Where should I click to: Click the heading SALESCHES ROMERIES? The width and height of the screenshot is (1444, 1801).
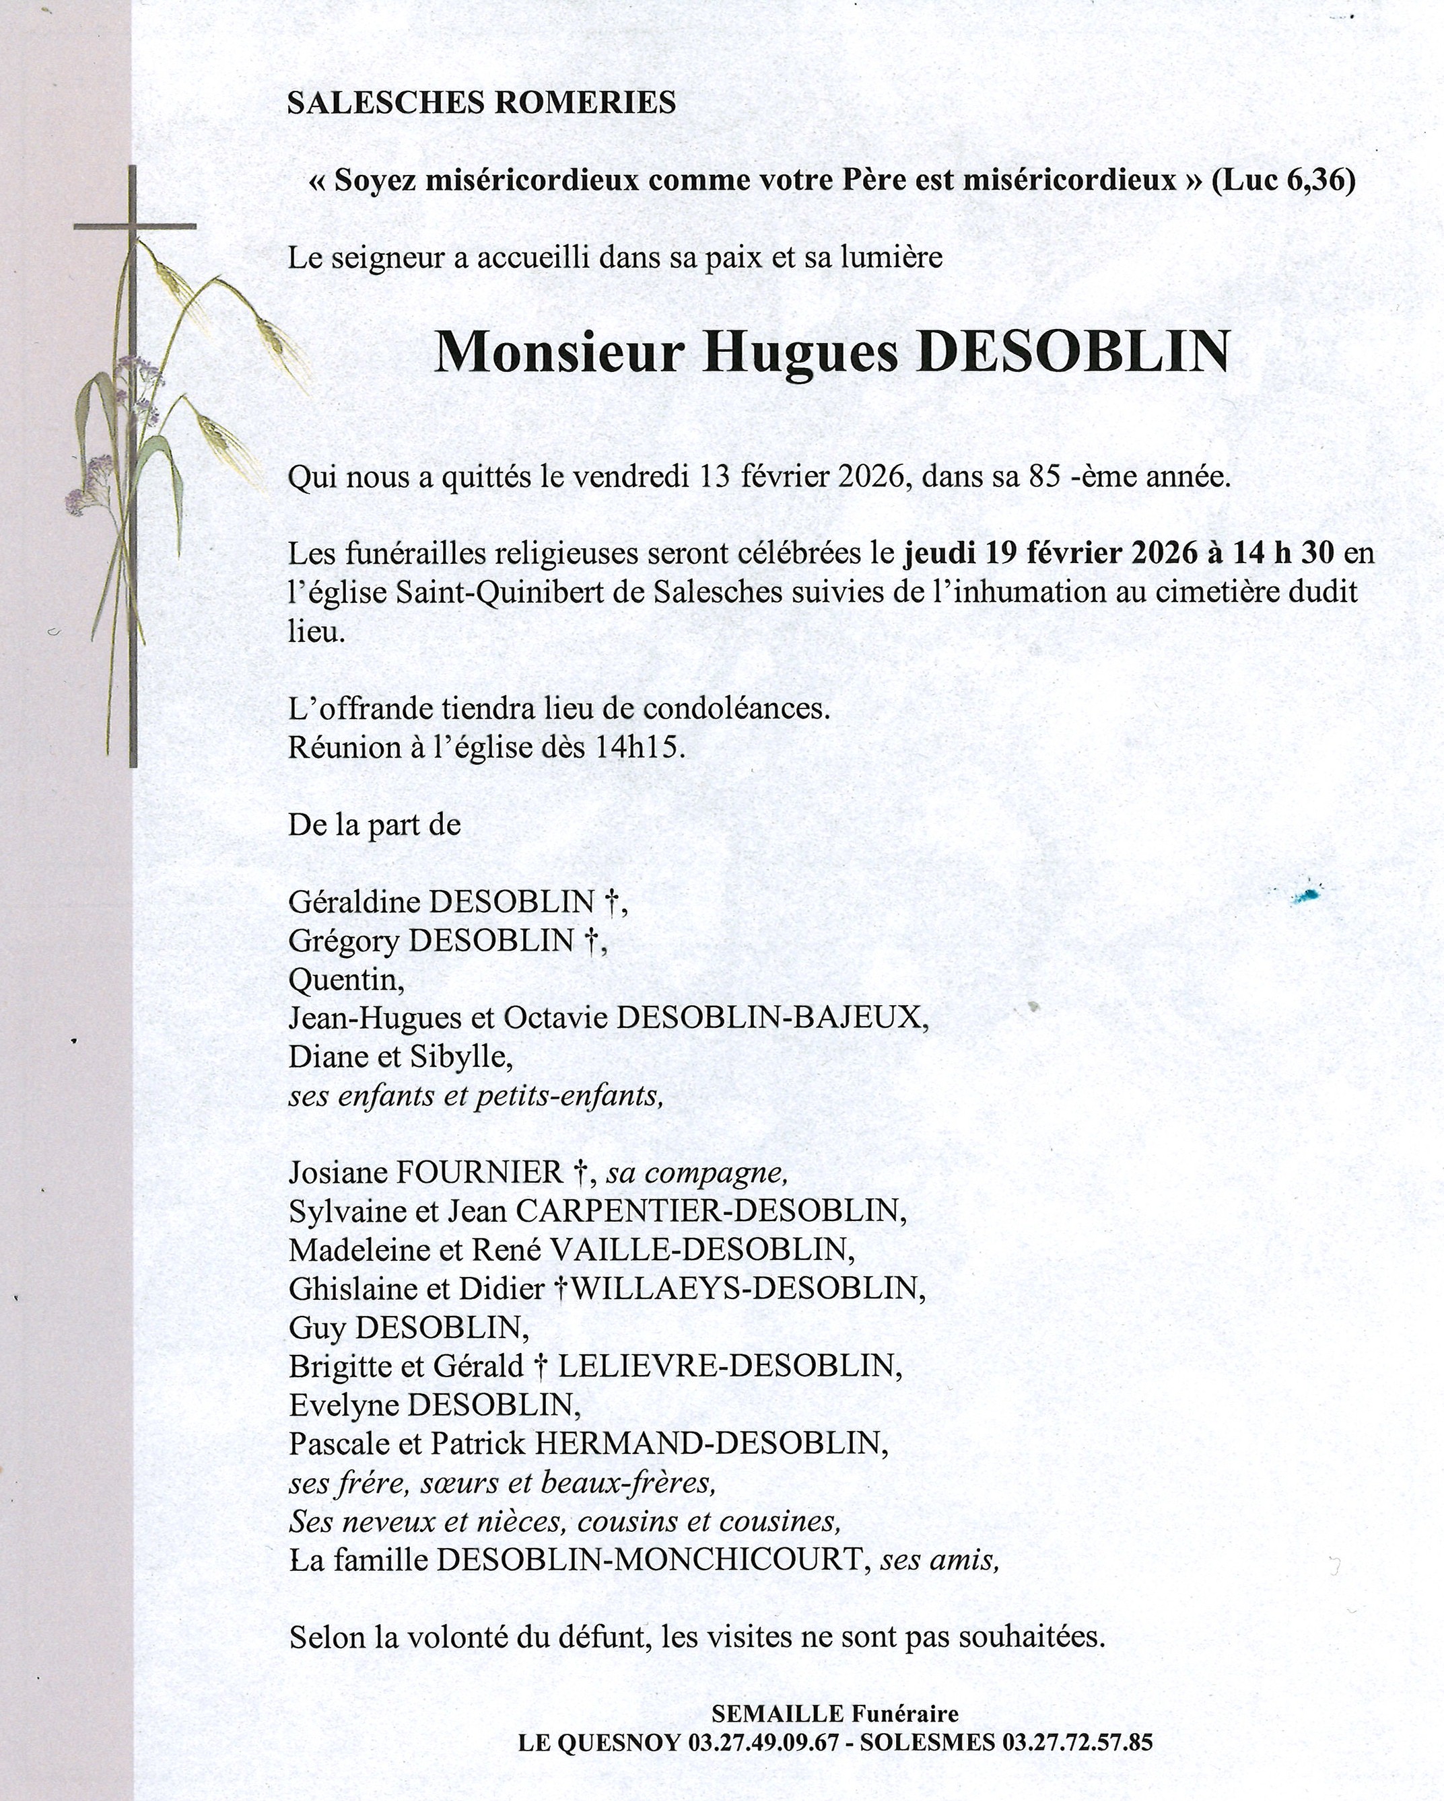pyautogui.click(x=481, y=103)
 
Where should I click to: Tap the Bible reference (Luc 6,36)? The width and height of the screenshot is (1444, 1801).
pyautogui.click(x=1284, y=180)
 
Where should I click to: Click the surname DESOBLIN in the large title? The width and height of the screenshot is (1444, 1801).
pyautogui.click(x=1073, y=353)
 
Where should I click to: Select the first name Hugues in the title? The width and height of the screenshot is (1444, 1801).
pyautogui.click(x=800, y=354)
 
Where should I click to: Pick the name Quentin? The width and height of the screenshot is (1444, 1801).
pyautogui.click(x=345, y=979)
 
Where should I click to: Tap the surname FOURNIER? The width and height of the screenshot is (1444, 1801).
pyautogui.click(x=480, y=1173)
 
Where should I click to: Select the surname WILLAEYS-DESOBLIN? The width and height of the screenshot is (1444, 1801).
pyautogui.click(x=746, y=1289)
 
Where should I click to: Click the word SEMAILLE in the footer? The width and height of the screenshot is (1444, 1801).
pyautogui.click(x=777, y=1714)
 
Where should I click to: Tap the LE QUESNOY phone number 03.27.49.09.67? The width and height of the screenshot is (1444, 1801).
pyautogui.click(x=762, y=1742)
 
